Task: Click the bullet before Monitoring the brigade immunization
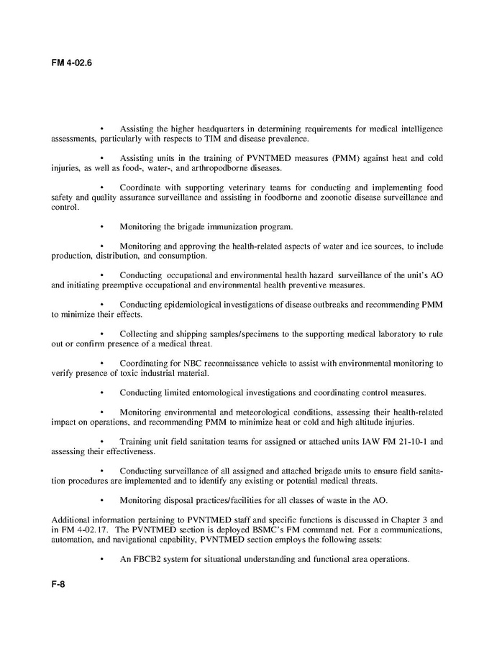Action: (x=102, y=227)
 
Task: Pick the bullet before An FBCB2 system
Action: (x=102, y=558)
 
